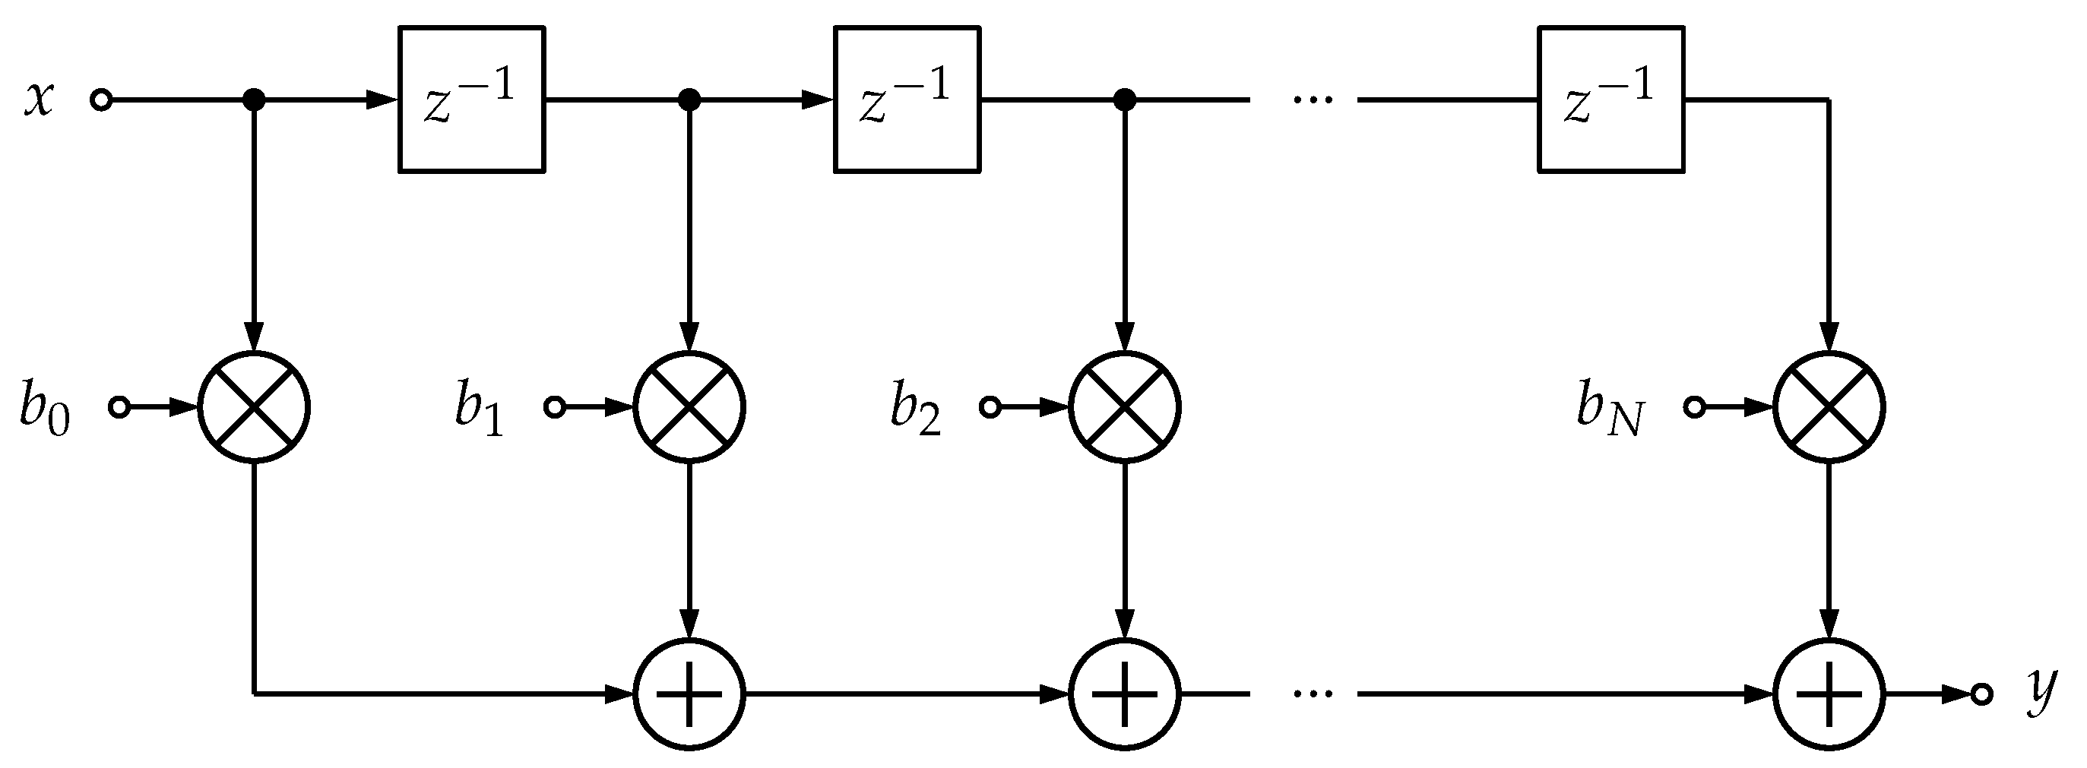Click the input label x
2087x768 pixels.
[x=38, y=100]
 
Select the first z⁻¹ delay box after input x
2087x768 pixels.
[x=471, y=100]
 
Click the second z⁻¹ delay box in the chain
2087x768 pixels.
[x=907, y=100]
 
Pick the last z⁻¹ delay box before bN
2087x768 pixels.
[x=1610, y=100]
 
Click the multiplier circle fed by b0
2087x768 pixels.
[x=255, y=407]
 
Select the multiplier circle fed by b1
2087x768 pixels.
[x=689, y=407]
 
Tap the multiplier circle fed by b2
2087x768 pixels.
[x=1125, y=407]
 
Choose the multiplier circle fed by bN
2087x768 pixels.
[x=1829, y=407]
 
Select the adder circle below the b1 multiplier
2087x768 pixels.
[x=689, y=694]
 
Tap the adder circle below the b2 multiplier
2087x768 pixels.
[x=1125, y=694]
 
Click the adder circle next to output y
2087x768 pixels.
[x=1829, y=694]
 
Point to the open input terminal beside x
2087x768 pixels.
[x=101, y=100]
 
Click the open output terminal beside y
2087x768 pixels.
[x=1981, y=694]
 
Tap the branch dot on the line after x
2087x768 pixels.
[x=255, y=100]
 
